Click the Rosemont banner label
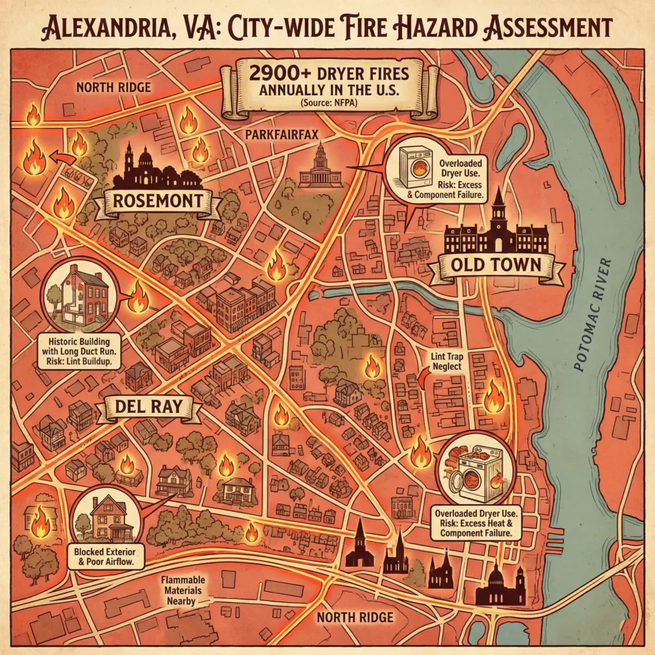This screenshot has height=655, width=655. (157, 204)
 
